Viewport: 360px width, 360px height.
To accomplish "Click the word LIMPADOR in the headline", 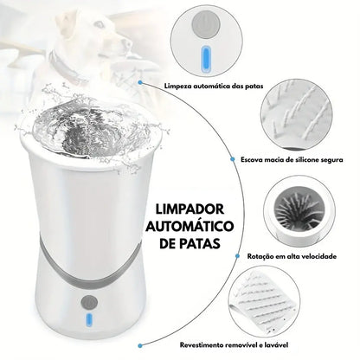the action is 190,209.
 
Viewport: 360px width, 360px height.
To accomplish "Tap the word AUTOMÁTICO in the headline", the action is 190,227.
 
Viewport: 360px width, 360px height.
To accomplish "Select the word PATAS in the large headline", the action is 202,243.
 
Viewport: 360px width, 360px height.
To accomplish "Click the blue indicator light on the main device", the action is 89,319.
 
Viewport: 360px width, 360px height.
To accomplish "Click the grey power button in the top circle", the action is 206,23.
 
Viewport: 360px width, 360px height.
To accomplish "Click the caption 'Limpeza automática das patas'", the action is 214,86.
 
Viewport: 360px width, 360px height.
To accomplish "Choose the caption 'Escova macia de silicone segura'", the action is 292,159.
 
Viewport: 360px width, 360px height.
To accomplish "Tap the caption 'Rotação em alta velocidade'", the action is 292,256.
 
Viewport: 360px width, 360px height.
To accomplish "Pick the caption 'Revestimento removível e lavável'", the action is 234,344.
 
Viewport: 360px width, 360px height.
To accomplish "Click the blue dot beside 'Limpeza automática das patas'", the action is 140,82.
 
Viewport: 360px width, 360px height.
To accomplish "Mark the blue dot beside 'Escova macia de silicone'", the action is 233,159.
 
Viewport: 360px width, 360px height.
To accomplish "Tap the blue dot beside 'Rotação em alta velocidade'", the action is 238,256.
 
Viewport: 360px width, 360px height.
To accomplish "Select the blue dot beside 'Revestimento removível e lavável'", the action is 140,345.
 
